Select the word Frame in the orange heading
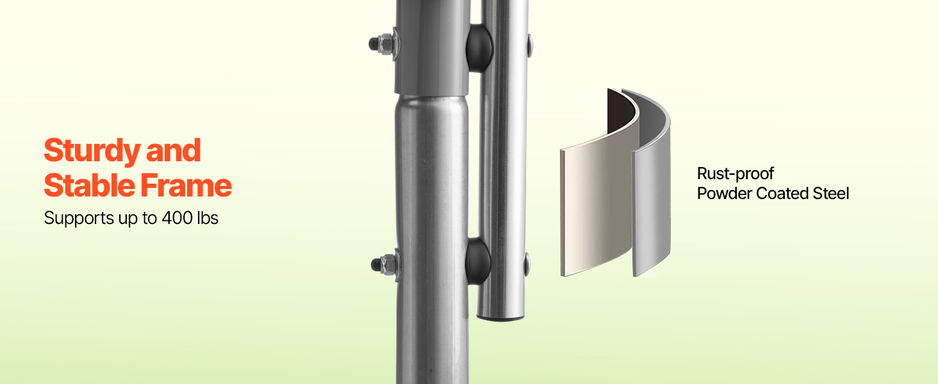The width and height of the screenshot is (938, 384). coord(186,186)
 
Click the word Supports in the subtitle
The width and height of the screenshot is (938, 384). coord(79,219)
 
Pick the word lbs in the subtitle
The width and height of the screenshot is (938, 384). coord(208,218)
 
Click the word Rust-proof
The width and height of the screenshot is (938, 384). coord(736,174)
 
